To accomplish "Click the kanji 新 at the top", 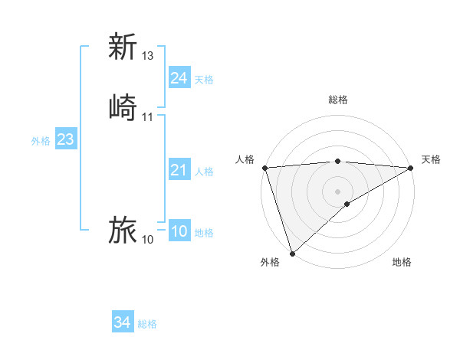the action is pos(123,47).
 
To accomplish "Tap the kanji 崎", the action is pos(123,107).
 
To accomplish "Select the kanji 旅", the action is pos(123,230).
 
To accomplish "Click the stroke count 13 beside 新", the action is pos(148,56).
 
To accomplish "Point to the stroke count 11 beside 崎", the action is pos(148,117).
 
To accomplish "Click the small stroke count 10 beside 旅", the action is pos(148,240).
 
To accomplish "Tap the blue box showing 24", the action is pos(179,78).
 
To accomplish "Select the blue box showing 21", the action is pos(179,170).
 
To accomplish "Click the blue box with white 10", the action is pos(179,232).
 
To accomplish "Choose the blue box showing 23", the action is pos(66,140).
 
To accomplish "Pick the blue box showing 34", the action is pos(123,323).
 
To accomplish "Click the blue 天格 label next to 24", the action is pos(204,80).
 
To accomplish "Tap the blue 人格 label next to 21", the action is pos(204,172).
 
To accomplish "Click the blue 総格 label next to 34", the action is pos(147,325).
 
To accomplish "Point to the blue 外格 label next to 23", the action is pos(41,141).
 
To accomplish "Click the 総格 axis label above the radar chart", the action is pos(337,100).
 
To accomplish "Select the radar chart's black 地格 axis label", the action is pos(402,263).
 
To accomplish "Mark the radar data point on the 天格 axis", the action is pos(411,168).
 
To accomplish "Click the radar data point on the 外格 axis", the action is pos(292,253).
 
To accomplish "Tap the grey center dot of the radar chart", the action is pos(337,191).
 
